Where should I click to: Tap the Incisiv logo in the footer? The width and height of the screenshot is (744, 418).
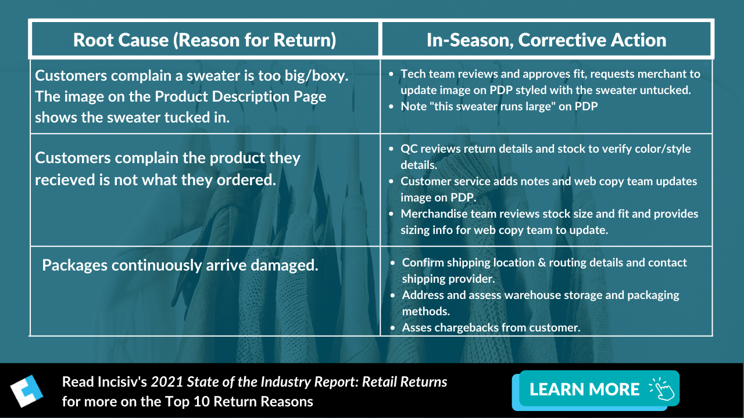(x=27, y=390)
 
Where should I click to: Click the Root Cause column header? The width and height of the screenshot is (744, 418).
(x=205, y=39)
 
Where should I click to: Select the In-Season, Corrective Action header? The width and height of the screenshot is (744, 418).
(x=546, y=39)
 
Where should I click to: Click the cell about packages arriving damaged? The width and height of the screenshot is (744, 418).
(x=180, y=265)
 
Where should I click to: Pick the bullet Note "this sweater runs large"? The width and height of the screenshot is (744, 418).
(x=499, y=106)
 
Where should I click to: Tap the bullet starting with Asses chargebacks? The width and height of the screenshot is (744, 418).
(x=491, y=327)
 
